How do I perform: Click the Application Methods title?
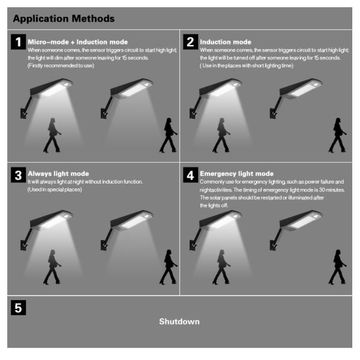(x=64, y=19)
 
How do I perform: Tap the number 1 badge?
(x=19, y=42)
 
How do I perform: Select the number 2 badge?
(x=190, y=42)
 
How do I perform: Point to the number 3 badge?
(x=19, y=175)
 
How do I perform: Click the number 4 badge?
(x=190, y=175)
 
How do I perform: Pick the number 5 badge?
(x=19, y=308)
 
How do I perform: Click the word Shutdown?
(x=179, y=322)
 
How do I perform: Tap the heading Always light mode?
(x=58, y=173)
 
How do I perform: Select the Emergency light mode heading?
(x=237, y=173)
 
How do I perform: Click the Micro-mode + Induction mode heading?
(x=78, y=42)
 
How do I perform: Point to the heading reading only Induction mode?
(x=226, y=42)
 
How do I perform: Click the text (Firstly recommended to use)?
(x=61, y=65)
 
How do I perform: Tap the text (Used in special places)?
(x=55, y=190)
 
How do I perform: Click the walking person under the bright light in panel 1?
(x=52, y=135)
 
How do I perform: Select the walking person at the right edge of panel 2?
(x=337, y=135)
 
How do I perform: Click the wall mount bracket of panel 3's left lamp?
(x=23, y=245)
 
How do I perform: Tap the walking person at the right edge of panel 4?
(x=337, y=267)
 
